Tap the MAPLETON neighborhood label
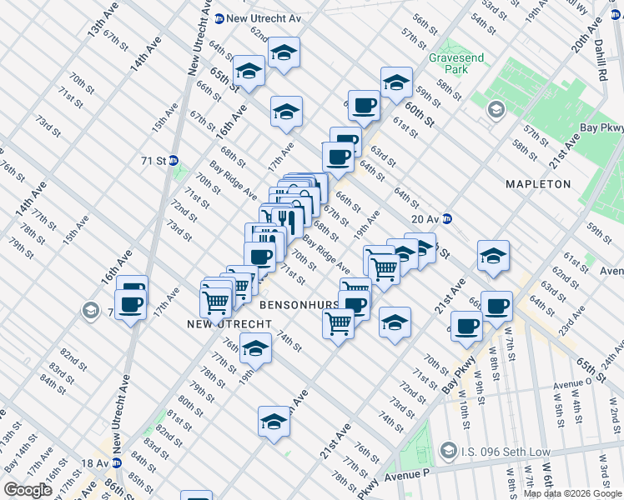(x=538, y=183)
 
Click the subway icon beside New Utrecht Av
(x=219, y=18)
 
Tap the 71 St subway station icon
(x=174, y=160)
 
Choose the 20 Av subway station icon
(x=448, y=218)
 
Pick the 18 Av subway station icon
(x=117, y=462)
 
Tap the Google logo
(x=28, y=490)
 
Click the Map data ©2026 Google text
(x=572, y=494)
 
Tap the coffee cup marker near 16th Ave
(x=131, y=303)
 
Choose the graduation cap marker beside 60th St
(x=396, y=82)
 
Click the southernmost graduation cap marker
(x=274, y=423)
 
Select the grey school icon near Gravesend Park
(x=496, y=110)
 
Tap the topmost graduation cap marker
(x=284, y=53)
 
